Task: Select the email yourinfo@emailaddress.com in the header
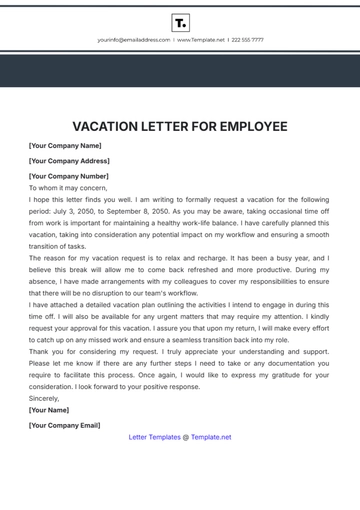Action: pyautogui.click(x=134, y=40)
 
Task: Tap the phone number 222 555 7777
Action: pyautogui.click(x=247, y=40)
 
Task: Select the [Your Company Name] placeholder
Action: pyautogui.click(x=65, y=146)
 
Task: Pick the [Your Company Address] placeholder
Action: pyautogui.click(x=69, y=161)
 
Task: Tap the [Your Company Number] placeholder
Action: pyautogui.click(x=69, y=175)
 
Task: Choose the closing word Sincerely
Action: pyautogui.click(x=44, y=397)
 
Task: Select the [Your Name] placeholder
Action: pyautogui.click(x=49, y=409)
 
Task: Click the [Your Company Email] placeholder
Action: pyautogui.click(x=65, y=424)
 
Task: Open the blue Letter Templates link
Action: pyautogui.click(x=155, y=437)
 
